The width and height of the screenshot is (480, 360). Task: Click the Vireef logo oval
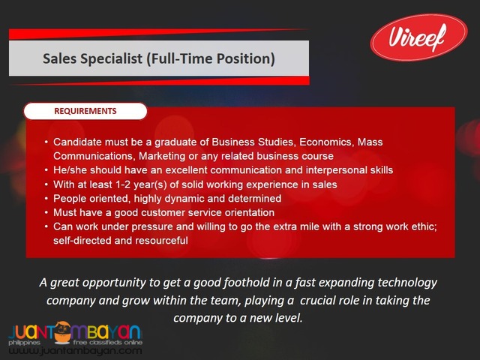click(418, 37)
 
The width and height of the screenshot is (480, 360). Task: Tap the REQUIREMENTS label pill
click(85, 111)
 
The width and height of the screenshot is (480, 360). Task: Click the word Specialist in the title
click(112, 58)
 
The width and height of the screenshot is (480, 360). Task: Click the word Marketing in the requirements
click(161, 156)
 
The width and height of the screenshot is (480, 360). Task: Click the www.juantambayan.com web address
click(75, 350)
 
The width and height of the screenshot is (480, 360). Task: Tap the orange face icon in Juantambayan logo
click(64, 331)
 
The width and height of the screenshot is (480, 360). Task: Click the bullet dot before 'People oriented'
click(46, 199)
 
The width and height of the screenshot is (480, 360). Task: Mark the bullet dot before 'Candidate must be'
click(46, 142)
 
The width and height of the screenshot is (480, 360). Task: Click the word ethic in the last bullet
click(426, 226)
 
